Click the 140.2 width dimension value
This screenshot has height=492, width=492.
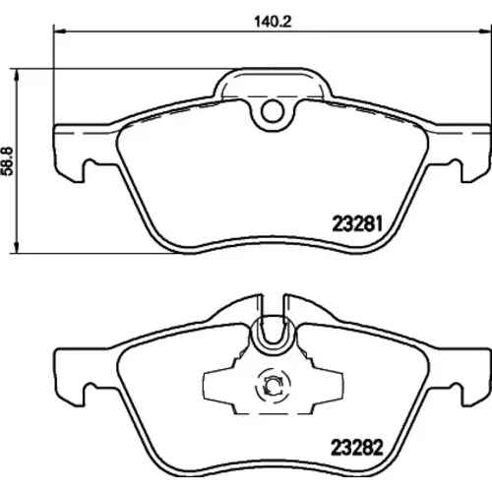pyautogui.click(x=273, y=22)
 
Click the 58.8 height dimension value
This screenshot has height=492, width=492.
pyautogui.click(x=7, y=161)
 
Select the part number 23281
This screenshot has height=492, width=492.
pyautogui.click(x=357, y=224)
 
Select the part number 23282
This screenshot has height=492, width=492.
pyautogui.click(x=357, y=447)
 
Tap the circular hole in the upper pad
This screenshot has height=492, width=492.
pyautogui.click(x=273, y=111)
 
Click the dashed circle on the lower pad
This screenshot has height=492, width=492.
pyautogui.click(x=273, y=386)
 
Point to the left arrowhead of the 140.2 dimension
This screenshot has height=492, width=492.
pyautogui.click(x=60, y=31)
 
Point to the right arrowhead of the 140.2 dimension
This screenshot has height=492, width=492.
pyautogui.click(x=485, y=31)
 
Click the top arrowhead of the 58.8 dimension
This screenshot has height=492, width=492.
pyautogui.click(x=16, y=75)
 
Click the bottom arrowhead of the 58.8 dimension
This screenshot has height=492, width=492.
pyautogui.click(x=16, y=247)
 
